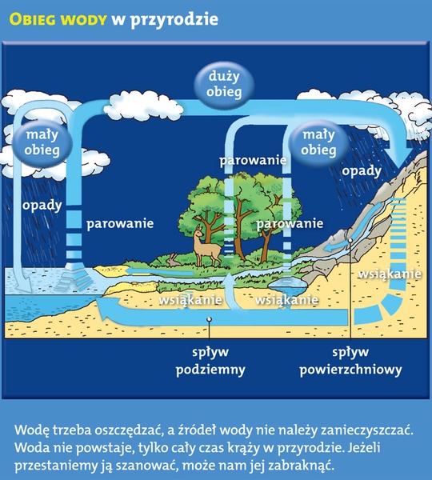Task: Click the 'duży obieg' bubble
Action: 224,84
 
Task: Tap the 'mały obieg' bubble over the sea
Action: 42,142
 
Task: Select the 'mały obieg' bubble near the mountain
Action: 318,142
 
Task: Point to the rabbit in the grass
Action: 174,260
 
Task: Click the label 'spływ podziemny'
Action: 210,362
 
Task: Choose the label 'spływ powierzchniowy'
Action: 350,362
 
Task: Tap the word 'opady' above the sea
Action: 42,206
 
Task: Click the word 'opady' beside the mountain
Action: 362,171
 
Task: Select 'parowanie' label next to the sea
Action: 120,224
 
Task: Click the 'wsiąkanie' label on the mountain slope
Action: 390,274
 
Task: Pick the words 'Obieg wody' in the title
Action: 58,19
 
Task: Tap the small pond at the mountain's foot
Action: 287,286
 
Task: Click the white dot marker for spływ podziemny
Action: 209,319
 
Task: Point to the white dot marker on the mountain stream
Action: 350,240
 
